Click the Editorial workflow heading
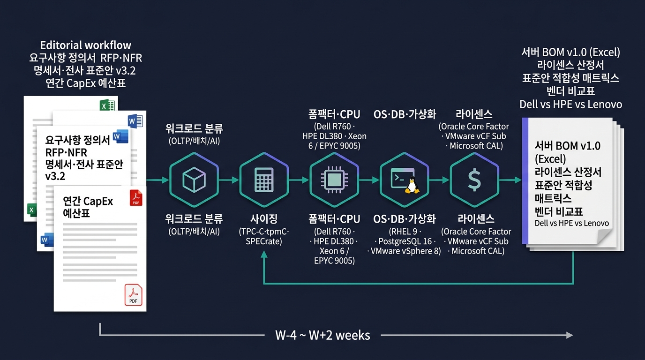click(85, 45)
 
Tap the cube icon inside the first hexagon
click(194, 180)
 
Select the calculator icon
click(264, 180)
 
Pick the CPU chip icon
click(334, 180)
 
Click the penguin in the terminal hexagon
click(412, 185)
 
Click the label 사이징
click(264, 219)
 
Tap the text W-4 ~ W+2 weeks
click(322, 335)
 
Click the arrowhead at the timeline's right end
click(569, 335)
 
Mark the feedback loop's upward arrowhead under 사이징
click(264, 255)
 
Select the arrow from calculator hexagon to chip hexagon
click(299, 180)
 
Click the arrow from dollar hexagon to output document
click(510, 180)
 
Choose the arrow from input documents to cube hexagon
click(157, 180)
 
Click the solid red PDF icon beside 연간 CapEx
click(136, 197)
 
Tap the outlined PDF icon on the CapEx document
click(133, 295)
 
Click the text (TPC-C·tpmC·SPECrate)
click(264, 236)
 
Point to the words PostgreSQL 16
click(405, 241)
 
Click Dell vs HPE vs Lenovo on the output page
click(571, 223)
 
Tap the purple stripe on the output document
click(525, 181)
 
